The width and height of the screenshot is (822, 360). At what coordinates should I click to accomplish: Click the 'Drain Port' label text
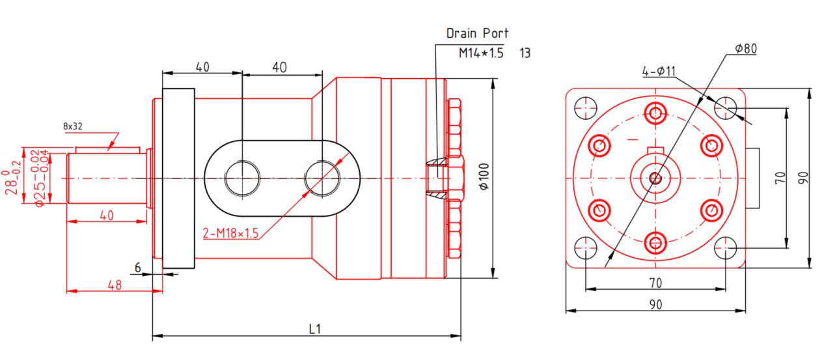coord(477,33)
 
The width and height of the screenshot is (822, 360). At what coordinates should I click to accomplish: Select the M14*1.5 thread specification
coord(481,53)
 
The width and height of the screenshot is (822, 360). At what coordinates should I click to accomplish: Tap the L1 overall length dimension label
coord(314,329)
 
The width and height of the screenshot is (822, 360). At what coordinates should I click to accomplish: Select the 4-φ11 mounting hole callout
coord(657,72)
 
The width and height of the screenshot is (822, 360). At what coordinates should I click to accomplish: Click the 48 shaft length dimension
coord(114,284)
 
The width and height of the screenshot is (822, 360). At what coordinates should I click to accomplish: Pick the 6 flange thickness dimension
coord(137,268)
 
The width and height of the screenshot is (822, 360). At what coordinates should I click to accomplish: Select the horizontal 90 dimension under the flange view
coord(656,304)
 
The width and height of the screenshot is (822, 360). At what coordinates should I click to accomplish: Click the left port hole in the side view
coord(242,178)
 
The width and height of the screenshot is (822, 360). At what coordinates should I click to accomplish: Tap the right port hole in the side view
coord(322,177)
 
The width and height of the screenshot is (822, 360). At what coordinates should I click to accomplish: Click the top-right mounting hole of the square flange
coord(725,106)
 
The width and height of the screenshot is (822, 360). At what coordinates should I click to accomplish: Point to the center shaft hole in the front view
coord(655,177)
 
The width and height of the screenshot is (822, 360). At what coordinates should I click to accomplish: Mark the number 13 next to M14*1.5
coord(525,53)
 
